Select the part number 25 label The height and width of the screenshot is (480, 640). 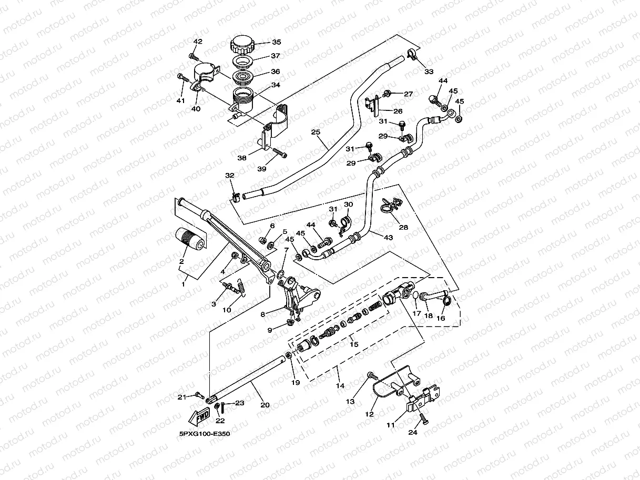pyautogui.click(x=316, y=132)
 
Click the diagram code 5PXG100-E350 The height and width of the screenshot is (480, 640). pyautogui.click(x=205, y=434)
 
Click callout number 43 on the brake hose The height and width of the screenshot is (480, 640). pyautogui.click(x=388, y=238)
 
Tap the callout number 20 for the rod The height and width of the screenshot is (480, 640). pyautogui.click(x=265, y=405)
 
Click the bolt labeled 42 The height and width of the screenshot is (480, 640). pyautogui.click(x=194, y=57)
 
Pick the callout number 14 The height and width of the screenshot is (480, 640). pyautogui.click(x=340, y=385)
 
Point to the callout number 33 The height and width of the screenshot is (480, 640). pyautogui.click(x=429, y=72)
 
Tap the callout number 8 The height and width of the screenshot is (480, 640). pyautogui.click(x=263, y=314)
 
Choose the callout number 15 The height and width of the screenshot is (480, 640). pyautogui.click(x=354, y=344)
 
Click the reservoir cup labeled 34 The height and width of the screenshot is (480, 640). pyautogui.click(x=243, y=100)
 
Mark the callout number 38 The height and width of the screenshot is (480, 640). pyautogui.click(x=242, y=158)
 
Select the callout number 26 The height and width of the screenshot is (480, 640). pyautogui.click(x=398, y=111)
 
